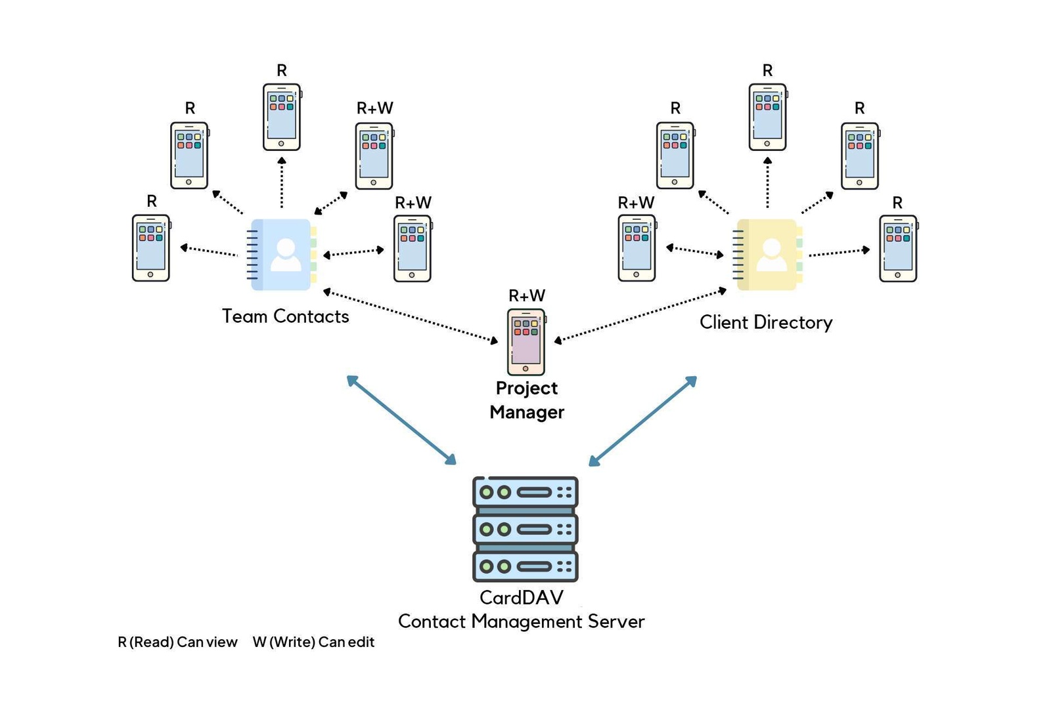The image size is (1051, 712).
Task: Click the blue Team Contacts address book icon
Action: [281, 255]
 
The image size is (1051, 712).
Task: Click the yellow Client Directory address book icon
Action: [767, 255]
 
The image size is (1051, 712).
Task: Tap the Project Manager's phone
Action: [526, 342]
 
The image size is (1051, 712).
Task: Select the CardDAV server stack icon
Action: [525, 529]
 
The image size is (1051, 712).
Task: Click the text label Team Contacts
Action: [285, 316]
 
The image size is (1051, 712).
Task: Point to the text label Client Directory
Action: [765, 322]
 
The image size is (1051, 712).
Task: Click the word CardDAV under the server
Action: [521, 597]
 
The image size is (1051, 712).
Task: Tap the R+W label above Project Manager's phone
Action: [526, 295]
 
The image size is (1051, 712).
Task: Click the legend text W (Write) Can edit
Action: [313, 642]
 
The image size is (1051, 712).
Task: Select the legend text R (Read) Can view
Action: [177, 642]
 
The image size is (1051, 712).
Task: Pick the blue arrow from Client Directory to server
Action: [642, 421]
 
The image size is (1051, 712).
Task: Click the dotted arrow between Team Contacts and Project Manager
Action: [411, 316]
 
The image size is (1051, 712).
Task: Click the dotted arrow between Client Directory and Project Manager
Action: [640, 315]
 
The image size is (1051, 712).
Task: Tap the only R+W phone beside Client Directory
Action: [637, 248]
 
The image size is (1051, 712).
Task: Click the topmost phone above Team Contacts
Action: [281, 117]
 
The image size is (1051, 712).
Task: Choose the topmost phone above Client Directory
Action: [767, 117]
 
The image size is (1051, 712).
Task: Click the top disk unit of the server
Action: [525, 492]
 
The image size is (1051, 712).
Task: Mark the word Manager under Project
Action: [526, 412]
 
